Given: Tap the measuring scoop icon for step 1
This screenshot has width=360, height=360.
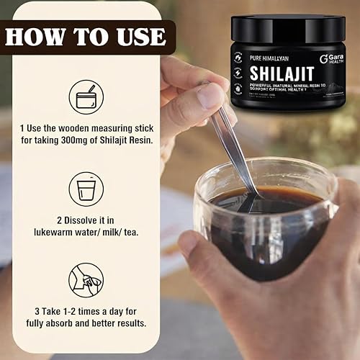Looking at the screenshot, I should [x=86, y=98].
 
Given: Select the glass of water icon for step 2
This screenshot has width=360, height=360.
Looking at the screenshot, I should [x=86, y=189].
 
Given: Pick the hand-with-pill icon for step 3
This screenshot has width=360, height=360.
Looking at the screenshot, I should [x=86, y=280].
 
